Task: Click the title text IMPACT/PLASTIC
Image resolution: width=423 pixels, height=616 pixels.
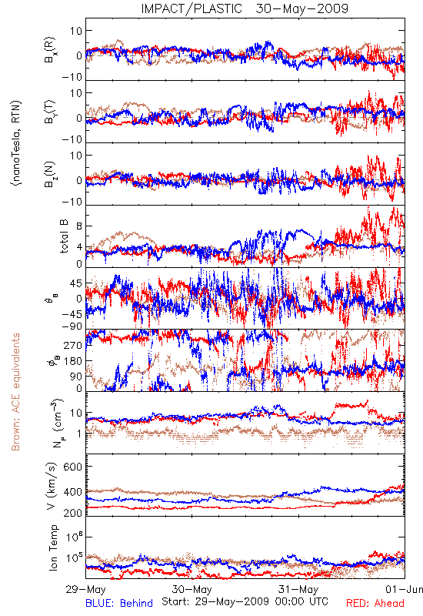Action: point(192,8)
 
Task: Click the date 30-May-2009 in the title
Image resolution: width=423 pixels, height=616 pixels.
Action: point(301,8)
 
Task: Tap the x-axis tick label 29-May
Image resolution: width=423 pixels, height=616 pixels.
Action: point(85,589)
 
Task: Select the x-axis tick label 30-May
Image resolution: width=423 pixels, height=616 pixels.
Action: point(192,589)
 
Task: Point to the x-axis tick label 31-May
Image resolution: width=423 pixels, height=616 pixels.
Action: point(298,589)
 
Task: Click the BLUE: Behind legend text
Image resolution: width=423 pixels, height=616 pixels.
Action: point(119,603)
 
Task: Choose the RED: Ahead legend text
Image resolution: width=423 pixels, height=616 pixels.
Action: point(375,603)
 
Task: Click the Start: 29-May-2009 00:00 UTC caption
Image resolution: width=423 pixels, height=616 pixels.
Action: point(245,602)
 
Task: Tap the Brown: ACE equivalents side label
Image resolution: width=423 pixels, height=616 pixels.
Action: point(15,392)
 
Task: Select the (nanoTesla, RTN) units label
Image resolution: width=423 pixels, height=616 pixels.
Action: point(16,142)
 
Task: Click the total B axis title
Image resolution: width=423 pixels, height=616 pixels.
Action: point(64,236)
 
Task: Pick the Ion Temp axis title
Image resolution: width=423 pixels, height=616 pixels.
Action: point(53,547)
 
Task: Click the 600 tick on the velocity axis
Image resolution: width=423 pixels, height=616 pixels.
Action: point(72,467)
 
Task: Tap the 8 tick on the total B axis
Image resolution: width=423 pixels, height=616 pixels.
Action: point(79,226)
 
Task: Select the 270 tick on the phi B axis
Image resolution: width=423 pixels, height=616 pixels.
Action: point(73,345)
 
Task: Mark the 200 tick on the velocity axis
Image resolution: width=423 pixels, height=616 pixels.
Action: point(72,513)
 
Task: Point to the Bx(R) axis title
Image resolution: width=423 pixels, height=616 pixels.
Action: point(50,49)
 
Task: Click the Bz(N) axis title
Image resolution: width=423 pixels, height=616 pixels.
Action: point(50,174)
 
